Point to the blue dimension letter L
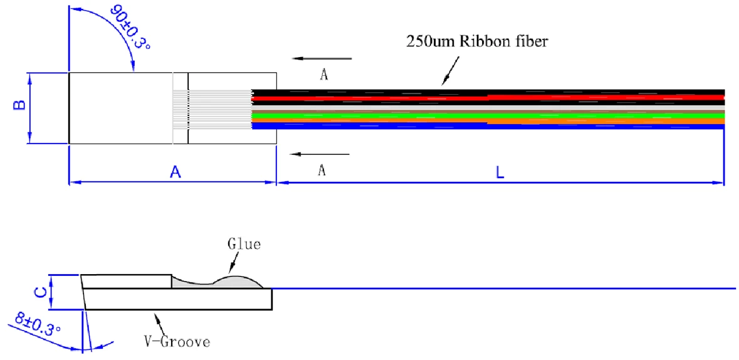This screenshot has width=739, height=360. coord(500,172)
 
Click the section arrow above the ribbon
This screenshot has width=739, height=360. coord(322,58)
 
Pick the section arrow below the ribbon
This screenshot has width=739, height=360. coord(320,154)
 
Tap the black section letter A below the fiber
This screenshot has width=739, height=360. coord(322,171)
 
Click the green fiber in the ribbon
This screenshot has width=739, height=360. coord(488,115)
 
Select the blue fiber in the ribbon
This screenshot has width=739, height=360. coord(488,126)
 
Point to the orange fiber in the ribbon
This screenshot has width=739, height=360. coord(488,121)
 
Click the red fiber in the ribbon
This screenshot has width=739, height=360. coord(488,98)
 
